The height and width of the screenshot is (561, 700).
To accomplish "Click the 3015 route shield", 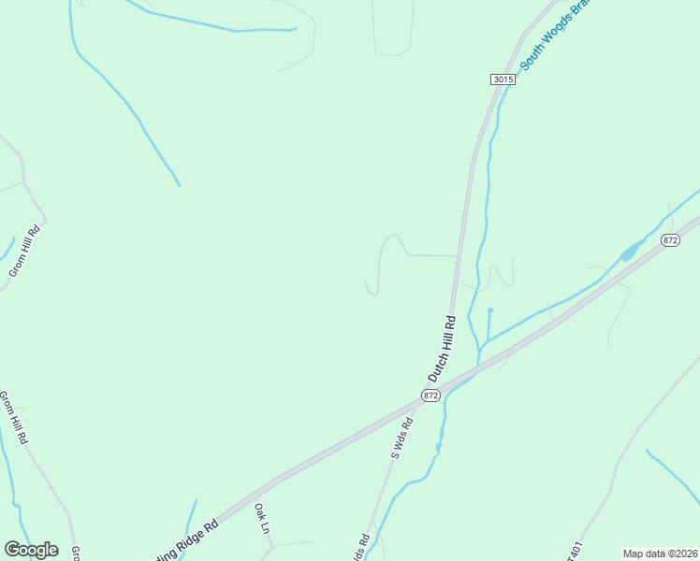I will tap(503, 79).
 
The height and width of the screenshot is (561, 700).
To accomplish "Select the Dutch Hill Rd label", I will tap(442, 349).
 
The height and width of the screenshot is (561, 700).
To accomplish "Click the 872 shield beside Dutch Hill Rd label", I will tap(430, 396).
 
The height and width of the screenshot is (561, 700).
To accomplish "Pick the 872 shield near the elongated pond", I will tap(669, 240).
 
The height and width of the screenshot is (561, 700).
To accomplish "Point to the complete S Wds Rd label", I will tap(401, 438).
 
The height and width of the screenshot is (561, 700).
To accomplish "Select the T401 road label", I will tap(576, 550).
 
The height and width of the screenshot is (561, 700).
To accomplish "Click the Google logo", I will tap(31, 550).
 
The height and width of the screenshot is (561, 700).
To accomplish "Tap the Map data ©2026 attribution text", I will tap(660, 554).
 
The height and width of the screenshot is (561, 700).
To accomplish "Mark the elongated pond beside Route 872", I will tap(633, 251).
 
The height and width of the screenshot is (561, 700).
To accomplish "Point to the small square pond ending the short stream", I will tap(490, 309).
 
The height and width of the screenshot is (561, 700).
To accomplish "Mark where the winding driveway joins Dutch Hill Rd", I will tap(457, 255).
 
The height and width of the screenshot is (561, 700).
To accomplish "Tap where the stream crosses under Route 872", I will tap(478, 360).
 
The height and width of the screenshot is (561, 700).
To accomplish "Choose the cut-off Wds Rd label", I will tap(360, 547).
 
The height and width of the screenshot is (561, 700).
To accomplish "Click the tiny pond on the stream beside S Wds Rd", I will tap(437, 448).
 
